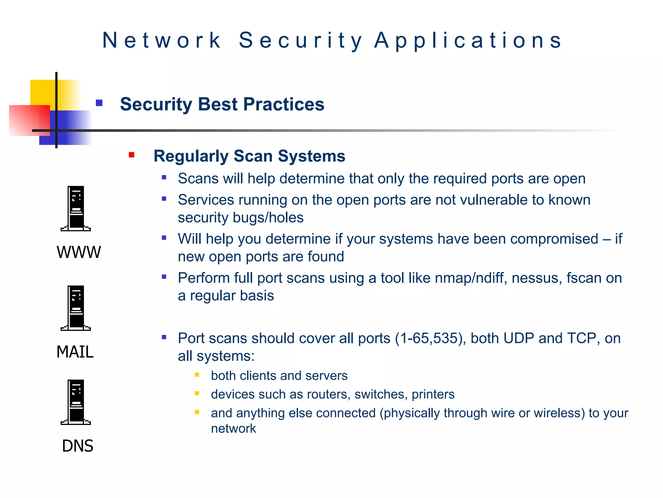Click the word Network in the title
[x=161, y=41]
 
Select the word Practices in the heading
[x=284, y=104]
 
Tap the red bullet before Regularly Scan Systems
[x=131, y=155]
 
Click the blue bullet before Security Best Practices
[x=99, y=103]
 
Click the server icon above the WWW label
[x=76, y=208]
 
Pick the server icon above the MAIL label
[x=76, y=308]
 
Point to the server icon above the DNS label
[x=76, y=402]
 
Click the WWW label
[x=79, y=252]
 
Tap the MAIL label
[x=75, y=352]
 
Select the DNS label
[x=78, y=446]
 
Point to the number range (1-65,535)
[x=431, y=338]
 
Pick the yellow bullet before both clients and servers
[x=197, y=375]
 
